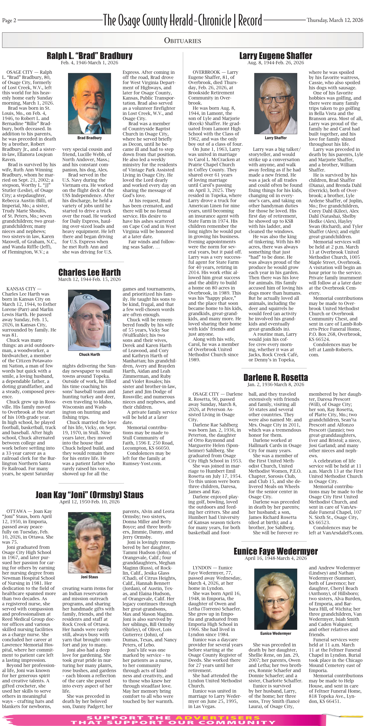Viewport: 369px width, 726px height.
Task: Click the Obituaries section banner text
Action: [183, 41]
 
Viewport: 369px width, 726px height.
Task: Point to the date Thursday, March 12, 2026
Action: [335, 20]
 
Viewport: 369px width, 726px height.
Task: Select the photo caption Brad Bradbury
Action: [89, 138]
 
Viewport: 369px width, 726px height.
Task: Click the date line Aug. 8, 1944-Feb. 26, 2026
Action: [276, 63]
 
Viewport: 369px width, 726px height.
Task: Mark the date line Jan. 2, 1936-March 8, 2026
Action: [276, 384]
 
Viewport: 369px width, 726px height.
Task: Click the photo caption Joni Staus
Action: [89, 577]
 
